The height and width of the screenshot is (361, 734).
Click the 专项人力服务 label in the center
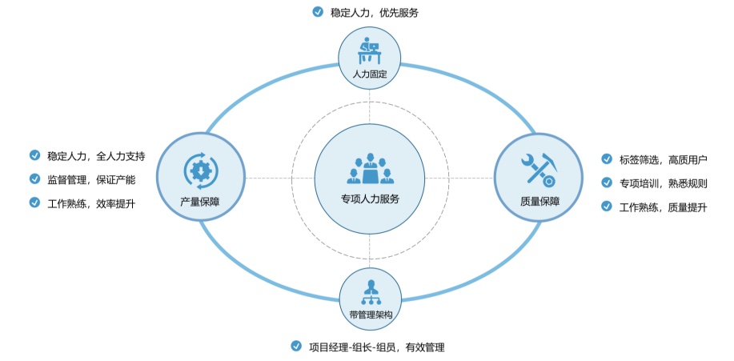(369, 199)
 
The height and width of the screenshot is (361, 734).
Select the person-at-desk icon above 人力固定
(370, 51)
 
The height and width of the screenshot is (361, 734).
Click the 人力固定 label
(370, 74)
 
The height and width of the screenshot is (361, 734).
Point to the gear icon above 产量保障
(199, 170)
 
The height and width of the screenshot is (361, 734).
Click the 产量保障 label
(199, 202)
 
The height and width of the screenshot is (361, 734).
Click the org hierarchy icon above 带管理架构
(370, 292)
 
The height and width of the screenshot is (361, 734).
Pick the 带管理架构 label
(370, 315)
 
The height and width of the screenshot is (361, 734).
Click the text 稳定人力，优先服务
(375, 12)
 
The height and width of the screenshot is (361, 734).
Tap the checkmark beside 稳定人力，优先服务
(318, 12)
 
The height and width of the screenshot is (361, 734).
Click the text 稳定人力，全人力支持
(96, 155)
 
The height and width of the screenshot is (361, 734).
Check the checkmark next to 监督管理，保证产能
(34, 179)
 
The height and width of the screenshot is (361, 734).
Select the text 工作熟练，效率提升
(91, 203)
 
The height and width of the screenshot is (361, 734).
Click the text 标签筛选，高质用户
(664, 159)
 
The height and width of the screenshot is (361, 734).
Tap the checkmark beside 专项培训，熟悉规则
(607, 183)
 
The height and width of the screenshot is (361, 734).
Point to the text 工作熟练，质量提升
(664, 207)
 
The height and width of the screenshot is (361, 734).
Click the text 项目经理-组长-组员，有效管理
(376, 347)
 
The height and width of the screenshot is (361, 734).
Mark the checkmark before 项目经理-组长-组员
(295, 347)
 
